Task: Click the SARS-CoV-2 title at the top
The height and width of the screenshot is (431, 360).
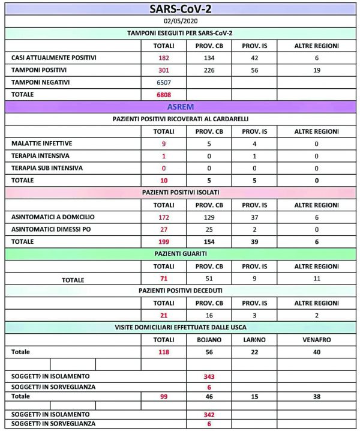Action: click(x=180, y=8)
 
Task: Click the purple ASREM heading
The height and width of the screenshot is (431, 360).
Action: click(x=181, y=107)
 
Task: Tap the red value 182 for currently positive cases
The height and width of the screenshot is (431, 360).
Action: click(x=164, y=58)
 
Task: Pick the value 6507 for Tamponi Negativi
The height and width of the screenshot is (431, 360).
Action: click(x=164, y=82)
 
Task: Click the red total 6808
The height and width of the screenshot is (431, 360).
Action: click(x=164, y=94)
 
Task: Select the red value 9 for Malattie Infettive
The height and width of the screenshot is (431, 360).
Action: click(x=164, y=144)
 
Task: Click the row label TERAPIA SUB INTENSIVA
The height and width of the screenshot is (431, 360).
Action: click(x=47, y=168)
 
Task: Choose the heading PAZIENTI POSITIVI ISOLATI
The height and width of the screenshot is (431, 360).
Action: click(x=181, y=192)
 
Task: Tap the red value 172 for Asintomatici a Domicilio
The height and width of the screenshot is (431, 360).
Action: click(x=164, y=217)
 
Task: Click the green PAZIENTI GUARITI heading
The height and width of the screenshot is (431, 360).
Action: click(x=181, y=254)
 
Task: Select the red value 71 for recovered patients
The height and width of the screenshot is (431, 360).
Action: click(x=164, y=279)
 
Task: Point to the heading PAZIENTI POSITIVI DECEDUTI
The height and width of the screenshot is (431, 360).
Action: click(x=181, y=291)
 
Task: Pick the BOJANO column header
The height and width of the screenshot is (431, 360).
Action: click(x=209, y=340)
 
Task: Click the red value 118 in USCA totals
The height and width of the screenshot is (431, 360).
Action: click(x=164, y=352)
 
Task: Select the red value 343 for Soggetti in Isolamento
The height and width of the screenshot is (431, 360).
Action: click(x=209, y=376)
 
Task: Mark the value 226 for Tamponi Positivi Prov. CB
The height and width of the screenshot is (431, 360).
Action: click(x=209, y=70)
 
